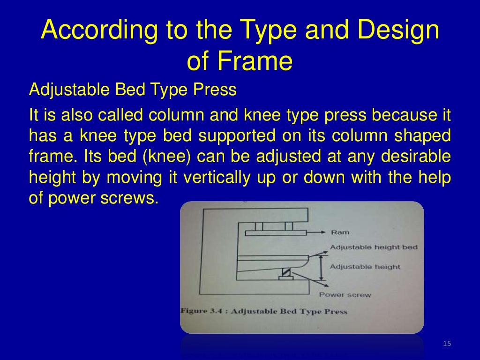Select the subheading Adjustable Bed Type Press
133,89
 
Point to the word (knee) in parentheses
167,157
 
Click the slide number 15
446,345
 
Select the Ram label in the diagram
340,232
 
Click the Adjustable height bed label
374,247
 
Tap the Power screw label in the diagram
345,295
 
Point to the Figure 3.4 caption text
263,311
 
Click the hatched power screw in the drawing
285,271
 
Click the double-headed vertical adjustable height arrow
322,267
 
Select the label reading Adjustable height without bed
365,267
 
